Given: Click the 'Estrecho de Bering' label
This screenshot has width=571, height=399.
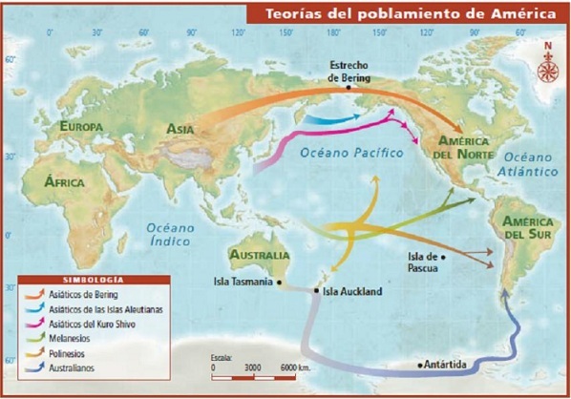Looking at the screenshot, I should point(348,72).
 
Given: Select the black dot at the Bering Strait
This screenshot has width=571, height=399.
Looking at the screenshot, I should point(349,87).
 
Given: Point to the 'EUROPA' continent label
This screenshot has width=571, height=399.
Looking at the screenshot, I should point(81,127).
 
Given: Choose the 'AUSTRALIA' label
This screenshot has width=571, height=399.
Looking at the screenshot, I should point(259,256).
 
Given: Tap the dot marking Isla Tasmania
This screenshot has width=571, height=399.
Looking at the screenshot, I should point(279,283).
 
